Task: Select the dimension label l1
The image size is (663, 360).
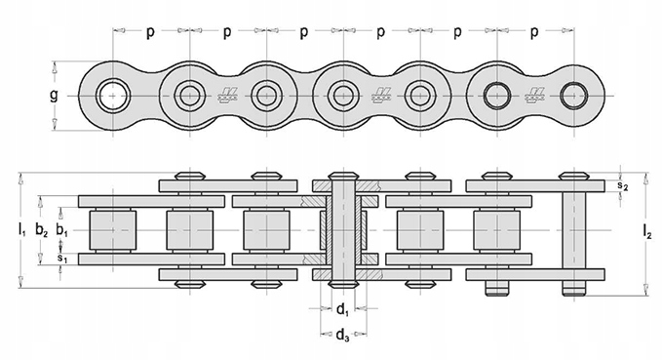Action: pos(21,231)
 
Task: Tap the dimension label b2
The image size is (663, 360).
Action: pos(41,231)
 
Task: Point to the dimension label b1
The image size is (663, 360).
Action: pos(62,231)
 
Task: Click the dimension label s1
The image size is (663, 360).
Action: pos(62,260)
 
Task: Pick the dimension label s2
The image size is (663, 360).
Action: pos(625,185)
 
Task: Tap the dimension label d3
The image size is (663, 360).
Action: pos(342,339)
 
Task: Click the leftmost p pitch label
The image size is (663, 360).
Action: pos(150,32)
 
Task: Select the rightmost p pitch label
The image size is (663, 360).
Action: pos(534,32)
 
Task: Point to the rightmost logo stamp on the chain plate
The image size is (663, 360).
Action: pos(535,96)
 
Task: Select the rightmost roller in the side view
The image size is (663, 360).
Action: pos(494,232)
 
